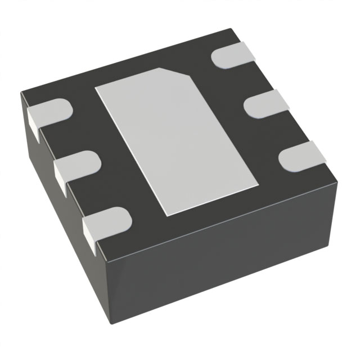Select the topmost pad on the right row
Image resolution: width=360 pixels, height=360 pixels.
tap(233, 56)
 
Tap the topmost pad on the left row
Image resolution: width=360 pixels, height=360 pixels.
tap(48, 112)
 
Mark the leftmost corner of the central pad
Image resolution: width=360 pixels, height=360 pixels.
tap(95, 88)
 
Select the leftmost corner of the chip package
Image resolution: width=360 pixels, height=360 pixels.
tap(21, 93)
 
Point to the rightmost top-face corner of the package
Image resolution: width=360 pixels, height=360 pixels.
tap(338, 178)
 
